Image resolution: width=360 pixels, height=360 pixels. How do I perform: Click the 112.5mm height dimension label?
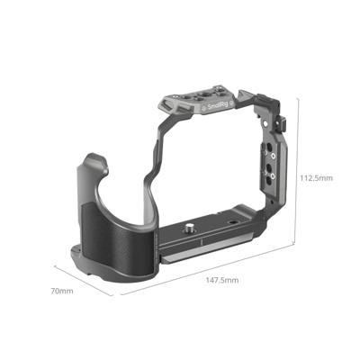pos(314,178)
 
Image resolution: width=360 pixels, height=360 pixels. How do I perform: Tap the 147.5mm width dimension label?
pos(220,282)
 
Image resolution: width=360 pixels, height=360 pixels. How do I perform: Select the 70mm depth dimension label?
pos(61,290)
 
